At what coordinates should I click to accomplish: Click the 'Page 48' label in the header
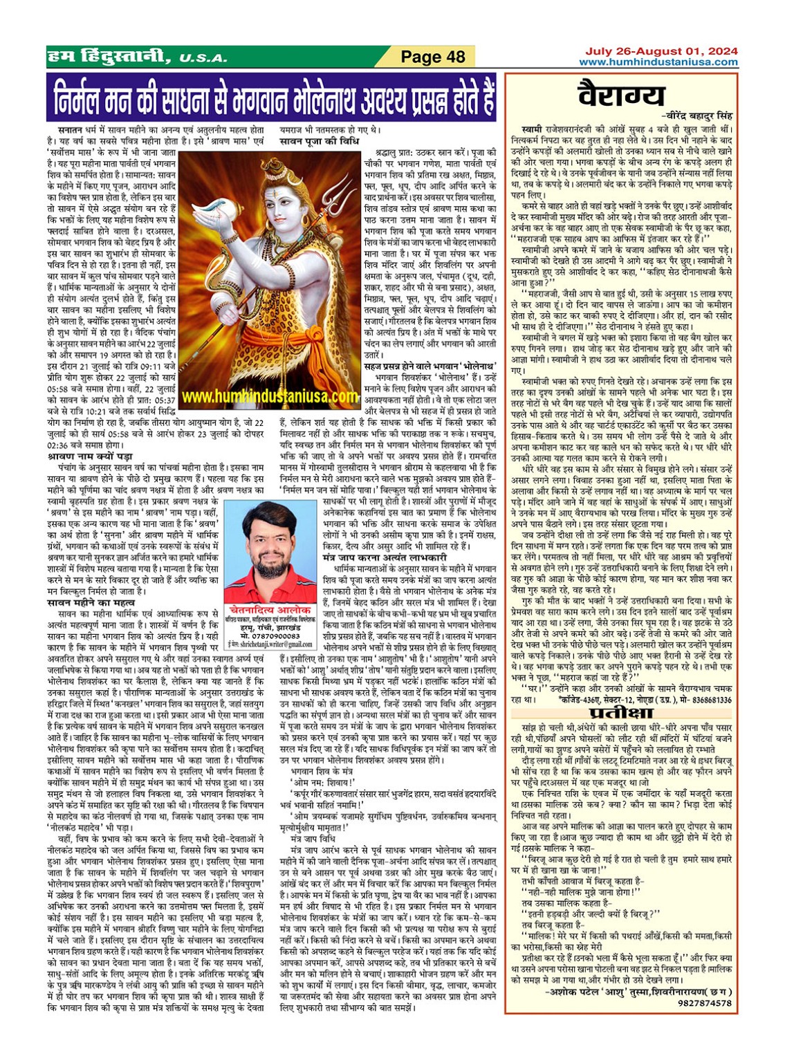[434, 57]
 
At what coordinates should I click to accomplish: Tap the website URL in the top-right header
[658, 62]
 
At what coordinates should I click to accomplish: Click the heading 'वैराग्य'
[622, 95]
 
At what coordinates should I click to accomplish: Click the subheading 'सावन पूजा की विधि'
[319, 140]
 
